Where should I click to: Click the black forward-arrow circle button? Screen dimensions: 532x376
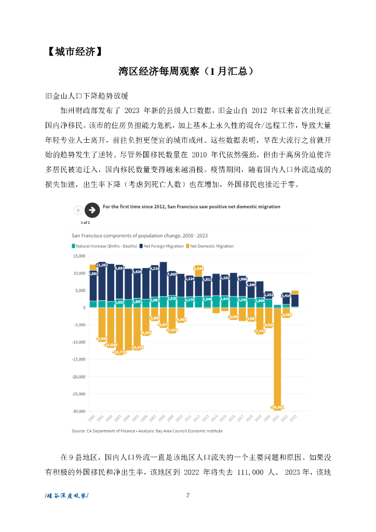click(92, 210)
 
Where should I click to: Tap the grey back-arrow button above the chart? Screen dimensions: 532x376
click(78, 210)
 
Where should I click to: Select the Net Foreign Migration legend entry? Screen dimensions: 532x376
click(163, 246)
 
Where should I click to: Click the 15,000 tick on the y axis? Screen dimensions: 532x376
click(78, 256)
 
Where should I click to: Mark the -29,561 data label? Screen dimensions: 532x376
click(277, 407)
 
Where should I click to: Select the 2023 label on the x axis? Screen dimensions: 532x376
click(294, 418)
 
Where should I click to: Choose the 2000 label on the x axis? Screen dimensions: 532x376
click(92, 418)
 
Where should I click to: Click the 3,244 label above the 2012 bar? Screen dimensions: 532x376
click(198, 268)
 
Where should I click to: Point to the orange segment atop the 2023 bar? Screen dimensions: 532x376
click(295, 292)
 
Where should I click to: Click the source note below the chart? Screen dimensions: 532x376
click(147, 431)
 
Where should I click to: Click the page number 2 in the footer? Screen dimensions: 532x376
click(187, 495)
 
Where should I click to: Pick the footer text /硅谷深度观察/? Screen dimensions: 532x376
click(67, 496)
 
